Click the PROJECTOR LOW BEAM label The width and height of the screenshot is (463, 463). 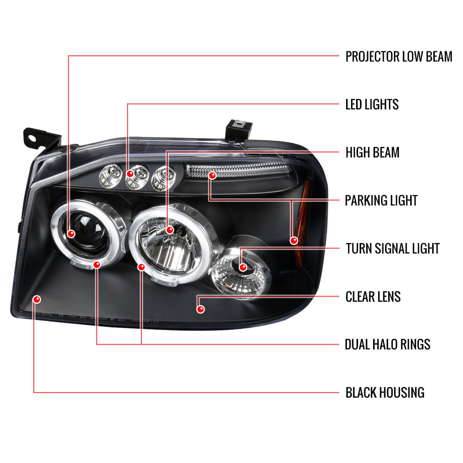[x=399, y=56]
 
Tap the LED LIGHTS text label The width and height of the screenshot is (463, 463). [x=372, y=105]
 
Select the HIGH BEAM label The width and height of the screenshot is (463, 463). [x=372, y=152]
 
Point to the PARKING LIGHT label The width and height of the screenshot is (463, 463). [x=381, y=201]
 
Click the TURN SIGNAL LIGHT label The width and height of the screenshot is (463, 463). [x=393, y=248]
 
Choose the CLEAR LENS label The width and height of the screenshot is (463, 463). [x=373, y=297]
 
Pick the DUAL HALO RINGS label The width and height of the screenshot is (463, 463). [x=387, y=345]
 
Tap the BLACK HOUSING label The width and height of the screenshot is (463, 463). [x=385, y=393]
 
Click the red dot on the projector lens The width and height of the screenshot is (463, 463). [x=71, y=233]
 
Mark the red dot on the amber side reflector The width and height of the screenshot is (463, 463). [x=294, y=241]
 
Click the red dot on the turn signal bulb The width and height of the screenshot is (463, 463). [x=243, y=267]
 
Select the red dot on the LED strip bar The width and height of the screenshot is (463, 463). [x=212, y=176]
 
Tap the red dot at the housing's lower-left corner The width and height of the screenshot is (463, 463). [x=37, y=299]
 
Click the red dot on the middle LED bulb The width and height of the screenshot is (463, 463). [x=130, y=174]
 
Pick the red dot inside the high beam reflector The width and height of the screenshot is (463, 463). [x=170, y=230]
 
